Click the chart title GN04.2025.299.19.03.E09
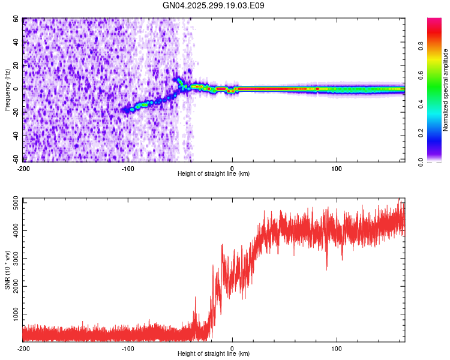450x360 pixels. (214, 6)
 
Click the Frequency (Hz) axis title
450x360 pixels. (7, 90)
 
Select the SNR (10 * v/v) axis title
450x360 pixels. (7, 270)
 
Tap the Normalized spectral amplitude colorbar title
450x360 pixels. (445, 90)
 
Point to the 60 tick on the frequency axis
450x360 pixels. (16, 19)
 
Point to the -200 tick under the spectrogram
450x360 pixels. (23, 168)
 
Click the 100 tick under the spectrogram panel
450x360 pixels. (337, 168)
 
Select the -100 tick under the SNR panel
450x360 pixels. (127, 348)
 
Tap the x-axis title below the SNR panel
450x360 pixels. (214, 354)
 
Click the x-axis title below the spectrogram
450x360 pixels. (214, 174)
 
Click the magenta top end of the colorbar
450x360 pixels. (434, 21)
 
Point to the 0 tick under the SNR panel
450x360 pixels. (232, 348)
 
